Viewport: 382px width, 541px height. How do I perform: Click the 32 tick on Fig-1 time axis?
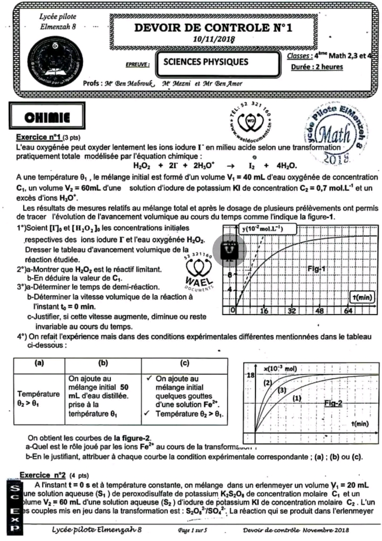[x=291, y=311]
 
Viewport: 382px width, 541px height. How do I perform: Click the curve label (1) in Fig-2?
[x=297, y=397]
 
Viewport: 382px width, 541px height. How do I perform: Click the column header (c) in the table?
[x=185, y=363]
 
